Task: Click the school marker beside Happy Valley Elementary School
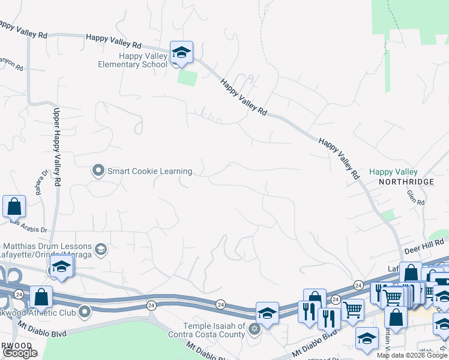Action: pos(181,53)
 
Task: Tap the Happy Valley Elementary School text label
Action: pos(135,60)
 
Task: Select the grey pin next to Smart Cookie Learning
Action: pos(98,171)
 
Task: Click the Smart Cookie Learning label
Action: pos(149,171)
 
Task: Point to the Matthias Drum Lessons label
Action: pos(48,247)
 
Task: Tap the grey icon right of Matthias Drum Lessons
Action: pos(100,248)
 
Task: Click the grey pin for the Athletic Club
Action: pos(85,311)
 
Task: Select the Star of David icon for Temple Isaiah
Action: pos(254,328)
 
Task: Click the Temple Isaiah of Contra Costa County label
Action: pos(206,330)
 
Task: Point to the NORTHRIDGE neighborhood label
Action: pos(406,182)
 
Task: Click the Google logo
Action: pos(20,353)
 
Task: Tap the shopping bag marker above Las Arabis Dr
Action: pos(14,206)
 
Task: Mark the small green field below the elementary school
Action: pos(187,78)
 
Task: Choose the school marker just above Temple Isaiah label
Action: pos(267,313)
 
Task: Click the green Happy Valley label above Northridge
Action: pos(393,172)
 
